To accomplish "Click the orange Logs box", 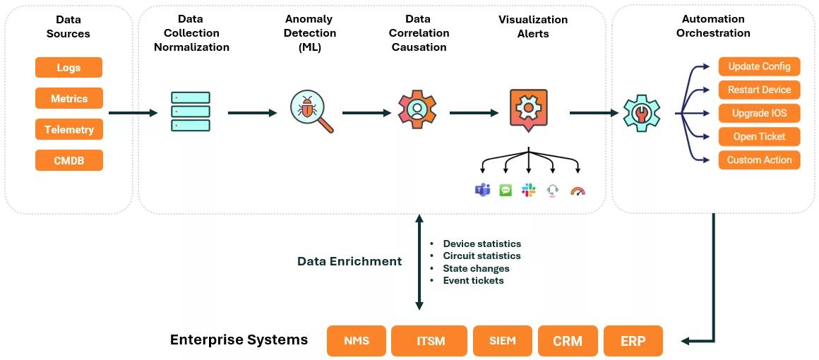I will point(68,68).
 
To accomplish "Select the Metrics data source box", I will point(68,98).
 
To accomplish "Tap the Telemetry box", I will point(68,129).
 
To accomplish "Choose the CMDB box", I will point(68,160).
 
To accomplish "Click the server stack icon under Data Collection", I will point(191,112).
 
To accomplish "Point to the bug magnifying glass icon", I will point(311,112).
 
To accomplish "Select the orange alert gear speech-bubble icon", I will point(528,110).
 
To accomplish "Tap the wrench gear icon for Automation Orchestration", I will point(641,113).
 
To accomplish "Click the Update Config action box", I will point(759,66).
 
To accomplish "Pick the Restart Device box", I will point(759,90).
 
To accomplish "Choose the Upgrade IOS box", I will point(759,113).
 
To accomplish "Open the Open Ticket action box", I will point(759,136).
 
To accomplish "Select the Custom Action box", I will point(759,160).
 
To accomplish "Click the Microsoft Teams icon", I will point(482,190).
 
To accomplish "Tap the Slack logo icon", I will point(529,190).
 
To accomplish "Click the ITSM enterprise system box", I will point(429,341).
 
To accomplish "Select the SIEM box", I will point(502,341).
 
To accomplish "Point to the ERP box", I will point(633,341).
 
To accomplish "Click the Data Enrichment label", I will point(349,261).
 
